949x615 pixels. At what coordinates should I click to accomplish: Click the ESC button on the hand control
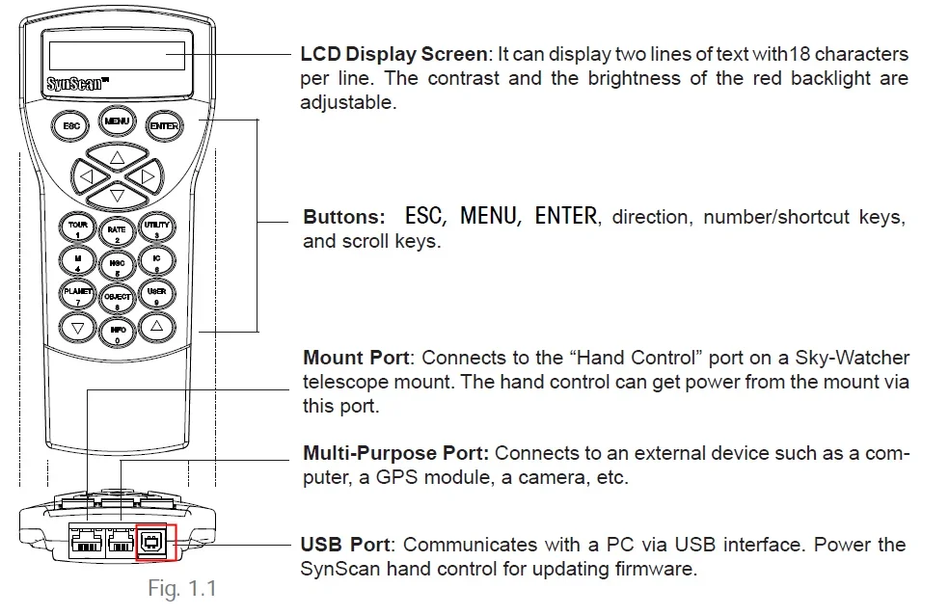click(x=70, y=125)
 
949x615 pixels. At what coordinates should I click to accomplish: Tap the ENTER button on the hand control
click(x=163, y=125)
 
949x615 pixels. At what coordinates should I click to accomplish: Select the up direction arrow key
click(x=118, y=157)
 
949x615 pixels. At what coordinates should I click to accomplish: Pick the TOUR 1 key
click(x=77, y=228)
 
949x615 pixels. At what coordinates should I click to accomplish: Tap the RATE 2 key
click(x=117, y=233)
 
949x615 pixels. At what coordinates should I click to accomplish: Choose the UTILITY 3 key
click(x=157, y=228)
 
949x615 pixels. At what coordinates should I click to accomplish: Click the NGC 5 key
click(x=117, y=266)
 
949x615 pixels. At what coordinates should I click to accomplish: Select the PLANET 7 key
click(x=77, y=295)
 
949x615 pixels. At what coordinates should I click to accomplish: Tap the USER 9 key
click(x=157, y=295)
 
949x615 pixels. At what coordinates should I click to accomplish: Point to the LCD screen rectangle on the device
click(x=117, y=56)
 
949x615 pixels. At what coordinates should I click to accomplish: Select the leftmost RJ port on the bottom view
click(x=87, y=540)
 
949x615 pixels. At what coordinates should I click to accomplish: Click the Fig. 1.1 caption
click(x=182, y=588)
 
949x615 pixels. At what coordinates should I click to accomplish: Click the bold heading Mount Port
click(x=357, y=358)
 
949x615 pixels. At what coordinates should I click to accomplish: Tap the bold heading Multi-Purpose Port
click(x=395, y=453)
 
